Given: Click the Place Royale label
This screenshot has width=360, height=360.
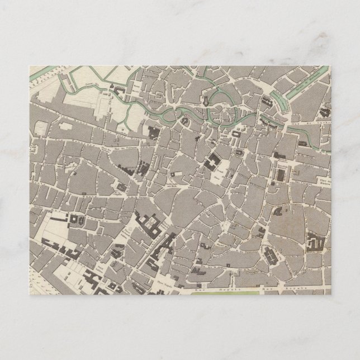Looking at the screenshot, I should (x=167, y=276).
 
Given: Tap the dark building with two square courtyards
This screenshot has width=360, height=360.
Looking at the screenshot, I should (x=72, y=221).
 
